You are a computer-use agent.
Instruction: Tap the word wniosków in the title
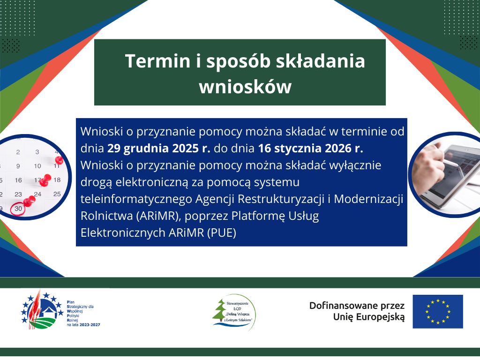[x=245, y=87]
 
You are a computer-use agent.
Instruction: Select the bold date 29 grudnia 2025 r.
[x=158, y=149]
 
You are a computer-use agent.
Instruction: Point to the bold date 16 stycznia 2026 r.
[x=310, y=149]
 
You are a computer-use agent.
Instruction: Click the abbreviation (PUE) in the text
[x=222, y=232]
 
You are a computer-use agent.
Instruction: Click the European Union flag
[x=437, y=312]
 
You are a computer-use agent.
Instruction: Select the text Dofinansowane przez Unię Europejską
[x=357, y=311]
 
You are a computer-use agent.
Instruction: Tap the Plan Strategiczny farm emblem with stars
[x=42, y=310]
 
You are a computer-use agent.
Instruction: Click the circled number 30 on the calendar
[x=18, y=209]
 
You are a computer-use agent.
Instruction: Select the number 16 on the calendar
[x=18, y=180]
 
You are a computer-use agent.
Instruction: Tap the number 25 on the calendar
[x=57, y=194]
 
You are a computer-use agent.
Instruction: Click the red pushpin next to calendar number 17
[x=45, y=180]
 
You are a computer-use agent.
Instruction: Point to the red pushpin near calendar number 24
[x=30, y=201]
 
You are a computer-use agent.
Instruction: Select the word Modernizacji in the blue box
[x=368, y=199]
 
